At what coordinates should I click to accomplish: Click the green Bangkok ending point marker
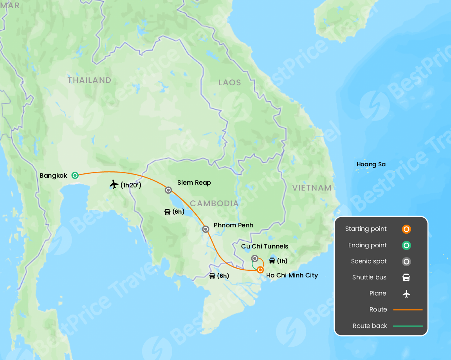click(75, 175)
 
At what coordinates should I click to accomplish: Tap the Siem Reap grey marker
click(168, 190)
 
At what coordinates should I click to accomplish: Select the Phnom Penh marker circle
click(206, 229)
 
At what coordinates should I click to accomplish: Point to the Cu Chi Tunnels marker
click(254, 258)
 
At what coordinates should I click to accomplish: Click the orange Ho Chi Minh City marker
click(260, 270)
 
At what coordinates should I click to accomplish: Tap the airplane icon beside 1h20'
click(114, 184)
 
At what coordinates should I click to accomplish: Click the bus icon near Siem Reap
click(168, 212)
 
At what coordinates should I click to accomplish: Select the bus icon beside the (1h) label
click(272, 261)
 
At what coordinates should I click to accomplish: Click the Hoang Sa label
click(371, 164)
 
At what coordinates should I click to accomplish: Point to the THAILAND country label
click(89, 80)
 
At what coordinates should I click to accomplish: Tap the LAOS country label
click(230, 83)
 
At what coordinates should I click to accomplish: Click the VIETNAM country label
click(312, 188)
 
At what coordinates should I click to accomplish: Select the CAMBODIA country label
click(214, 203)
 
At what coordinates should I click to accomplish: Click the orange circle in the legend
click(406, 229)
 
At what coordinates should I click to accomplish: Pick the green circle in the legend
click(406, 246)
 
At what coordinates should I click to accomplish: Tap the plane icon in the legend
click(406, 293)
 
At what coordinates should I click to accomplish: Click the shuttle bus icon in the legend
click(406, 277)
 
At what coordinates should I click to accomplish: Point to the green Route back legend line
click(408, 326)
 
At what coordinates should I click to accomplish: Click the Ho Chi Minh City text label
click(292, 275)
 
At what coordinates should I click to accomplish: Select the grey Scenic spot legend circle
click(406, 262)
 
